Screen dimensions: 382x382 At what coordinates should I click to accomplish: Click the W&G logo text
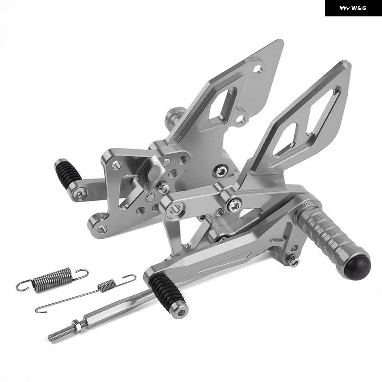click(x=359, y=8)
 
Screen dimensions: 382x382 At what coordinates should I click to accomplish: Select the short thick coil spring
click(x=52, y=280)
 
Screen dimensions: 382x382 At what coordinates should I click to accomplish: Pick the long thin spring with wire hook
click(x=85, y=293)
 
